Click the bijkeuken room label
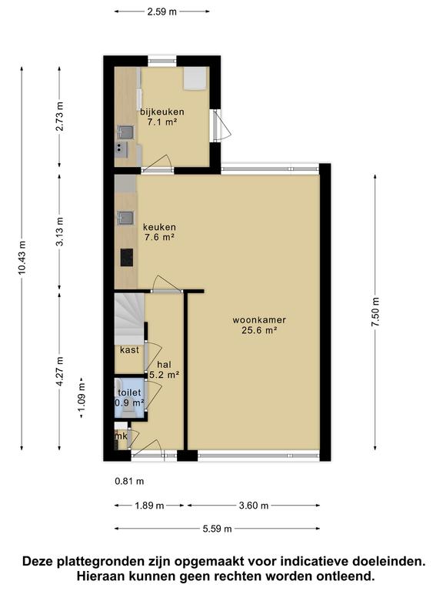(x=162, y=112)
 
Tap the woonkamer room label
(x=259, y=320)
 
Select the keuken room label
(x=159, y=227)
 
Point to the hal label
(x=165, y=365)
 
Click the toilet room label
(x=129, y=392)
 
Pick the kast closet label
(x=129, y=350)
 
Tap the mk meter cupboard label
(x=122, y=436)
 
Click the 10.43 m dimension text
(x=22, y=258)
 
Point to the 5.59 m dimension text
(x=218, y=529)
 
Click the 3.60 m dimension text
(x=254, y=506)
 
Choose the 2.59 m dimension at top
(x=162, y=12)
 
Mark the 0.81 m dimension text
(x=129, y=481)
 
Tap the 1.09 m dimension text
(x=82, y=398)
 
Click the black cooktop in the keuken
(x=127, y=258)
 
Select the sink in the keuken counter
(x=125, y=218)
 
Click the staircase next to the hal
(x=129, y=319)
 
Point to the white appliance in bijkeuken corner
(x=195, y=78)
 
